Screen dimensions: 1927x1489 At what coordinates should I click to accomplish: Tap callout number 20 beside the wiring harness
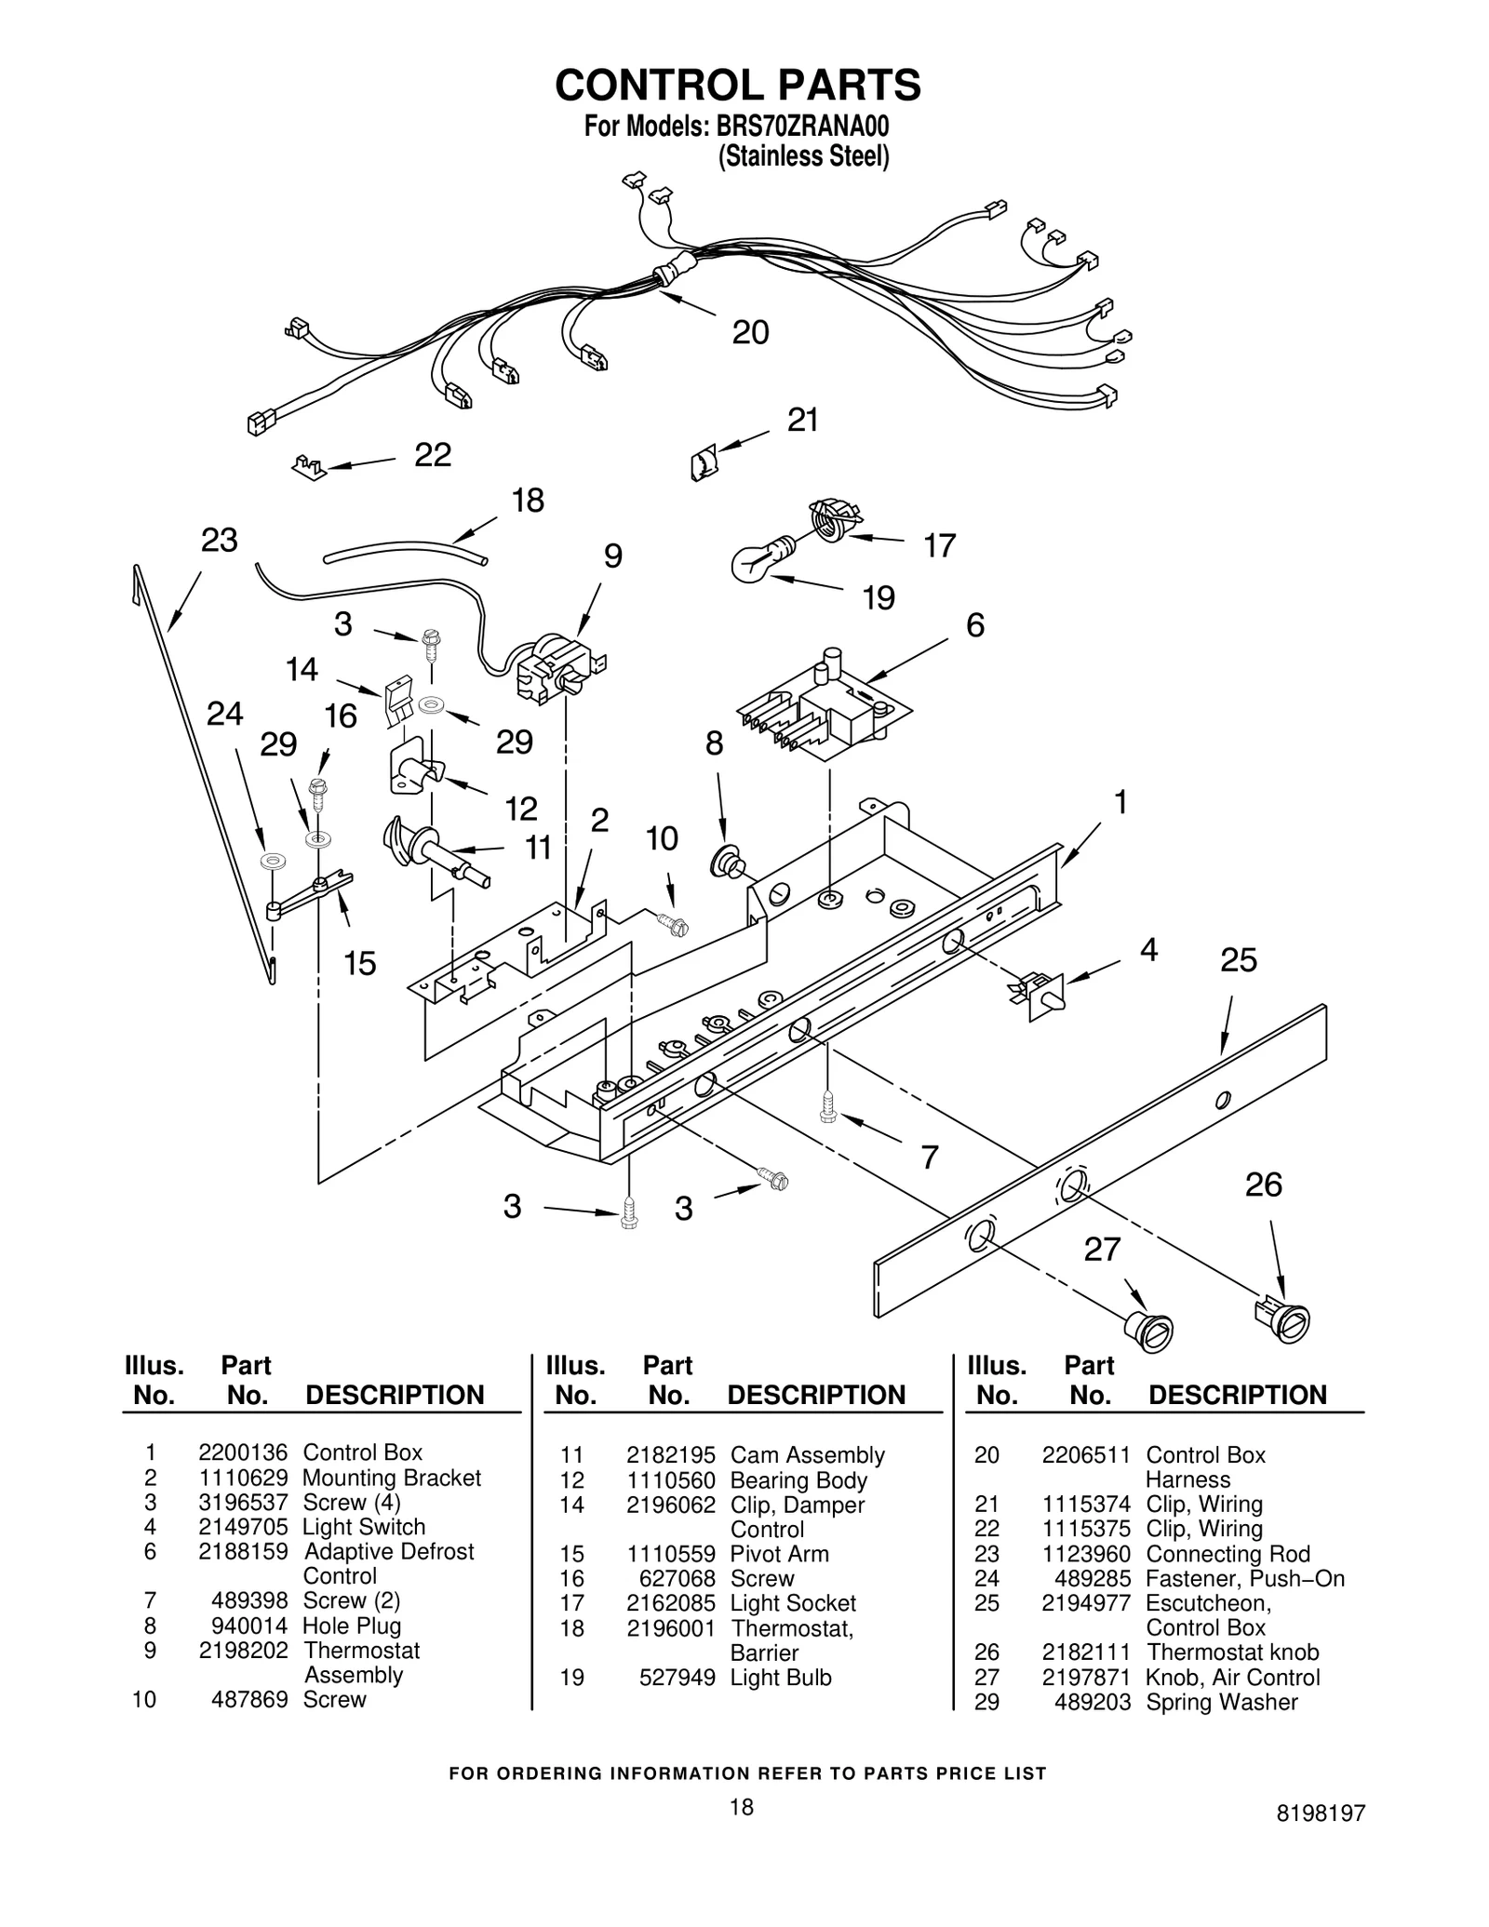750,332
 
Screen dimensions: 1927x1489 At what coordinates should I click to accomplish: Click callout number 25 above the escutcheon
1239,959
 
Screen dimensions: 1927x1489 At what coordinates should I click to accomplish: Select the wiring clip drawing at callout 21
704,462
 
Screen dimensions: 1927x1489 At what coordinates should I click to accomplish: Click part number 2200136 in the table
243,1452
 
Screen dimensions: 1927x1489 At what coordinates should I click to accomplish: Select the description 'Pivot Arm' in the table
779,1554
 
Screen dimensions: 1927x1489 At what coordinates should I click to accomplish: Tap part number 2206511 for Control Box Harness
1085,1455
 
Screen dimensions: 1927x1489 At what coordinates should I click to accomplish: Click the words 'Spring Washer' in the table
1221,1702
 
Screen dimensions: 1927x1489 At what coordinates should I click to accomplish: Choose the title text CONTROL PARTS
738,85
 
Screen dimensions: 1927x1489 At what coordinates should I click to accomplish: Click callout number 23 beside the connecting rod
220,540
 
